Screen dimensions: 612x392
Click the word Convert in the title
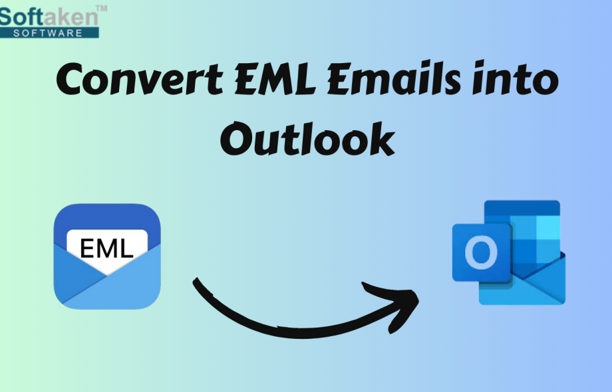pos(139,80)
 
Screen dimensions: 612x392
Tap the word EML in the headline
pos(275,80)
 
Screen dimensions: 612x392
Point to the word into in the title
pos(515,79)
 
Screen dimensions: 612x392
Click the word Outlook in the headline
pos(307,139)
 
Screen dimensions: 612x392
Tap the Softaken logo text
pos(49,17)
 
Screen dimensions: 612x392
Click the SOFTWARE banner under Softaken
pos(49,33)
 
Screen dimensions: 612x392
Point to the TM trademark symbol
pos(101,9)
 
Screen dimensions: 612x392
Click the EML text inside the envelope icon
pos(106,248)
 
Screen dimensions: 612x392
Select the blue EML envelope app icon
pos(107,256)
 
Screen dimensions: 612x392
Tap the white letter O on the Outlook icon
pos(481,253)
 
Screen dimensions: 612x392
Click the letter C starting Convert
pos(73,80)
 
